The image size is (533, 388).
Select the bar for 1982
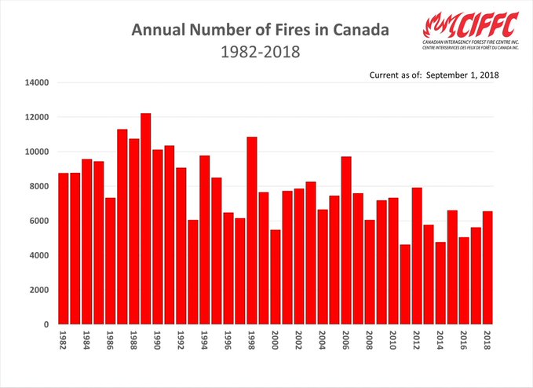click(x=64, y=248)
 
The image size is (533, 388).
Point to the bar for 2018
click(x=487, y=267)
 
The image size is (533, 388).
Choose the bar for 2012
click(x=417, y=255)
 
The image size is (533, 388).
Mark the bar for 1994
click(x=205, y=240)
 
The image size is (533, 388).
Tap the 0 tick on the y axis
click(x=46, y=324)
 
